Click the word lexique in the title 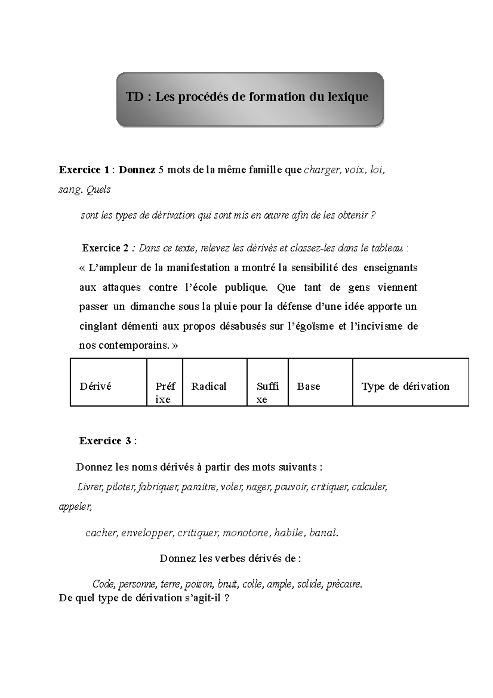click(348, 97)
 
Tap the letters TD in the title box click(134, 97)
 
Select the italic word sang click(70, 190)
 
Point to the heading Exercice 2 click(106, 248)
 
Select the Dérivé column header click(96, 386)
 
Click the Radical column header click(209, 386)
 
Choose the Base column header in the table click(309, 386)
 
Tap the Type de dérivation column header click(405, 386)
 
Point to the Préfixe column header click(165, 393)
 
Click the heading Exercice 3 click(105, 441)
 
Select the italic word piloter click(120, 487)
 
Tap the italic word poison click(199, 584)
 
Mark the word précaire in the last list click(344, 584)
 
